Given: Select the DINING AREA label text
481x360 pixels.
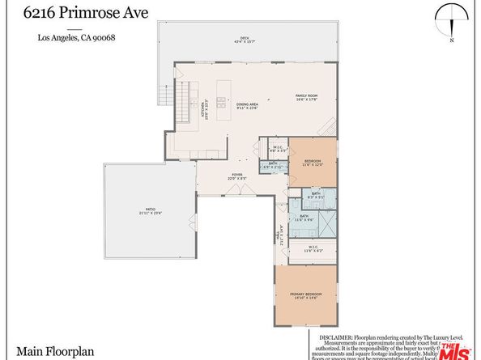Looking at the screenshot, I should pyautogui.click(x=247, y=105).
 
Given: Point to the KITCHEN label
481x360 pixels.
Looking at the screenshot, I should pyautogui.click(x=205, y=109).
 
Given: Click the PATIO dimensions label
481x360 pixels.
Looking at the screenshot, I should pyautogui.click(x=146, y=214).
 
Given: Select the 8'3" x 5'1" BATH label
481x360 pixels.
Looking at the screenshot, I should pyautogui.click(x=315, y=195).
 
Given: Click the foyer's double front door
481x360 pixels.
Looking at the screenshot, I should pyautogui.click(x=236, y=192).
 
